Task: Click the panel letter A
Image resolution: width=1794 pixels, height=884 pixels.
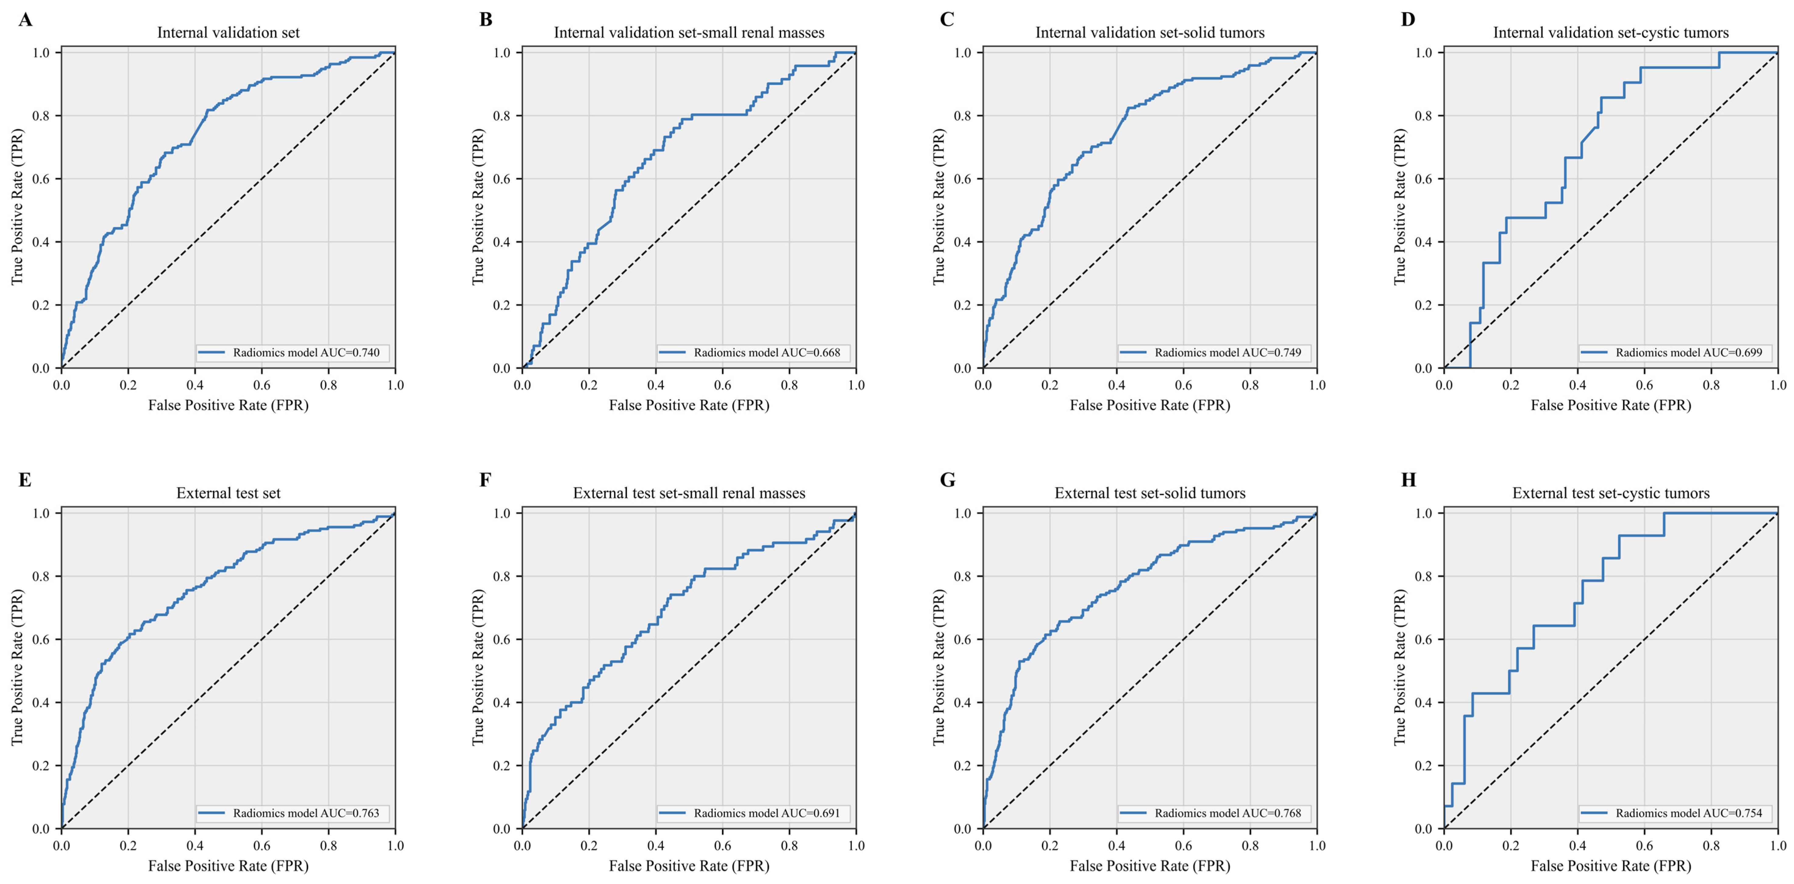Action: (25, 19)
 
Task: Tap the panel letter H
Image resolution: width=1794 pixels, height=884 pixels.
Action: (1408, 480)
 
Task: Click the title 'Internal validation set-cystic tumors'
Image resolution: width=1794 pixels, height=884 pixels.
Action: (1611, 33)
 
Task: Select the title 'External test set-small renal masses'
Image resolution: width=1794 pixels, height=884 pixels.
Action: (689, 493)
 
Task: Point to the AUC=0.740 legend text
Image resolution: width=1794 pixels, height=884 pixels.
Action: (307, 353)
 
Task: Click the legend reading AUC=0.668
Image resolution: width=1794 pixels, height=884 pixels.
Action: (767, 353)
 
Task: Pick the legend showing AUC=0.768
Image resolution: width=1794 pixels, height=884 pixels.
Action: (1228, 813)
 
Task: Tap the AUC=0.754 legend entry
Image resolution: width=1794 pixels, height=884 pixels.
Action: (1689, 813)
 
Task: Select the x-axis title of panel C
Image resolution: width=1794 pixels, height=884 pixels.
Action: (1150, 405)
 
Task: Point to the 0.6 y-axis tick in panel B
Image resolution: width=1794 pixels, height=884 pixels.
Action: (502, 179)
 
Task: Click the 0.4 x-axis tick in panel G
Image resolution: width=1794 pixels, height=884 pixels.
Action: (1116, 846)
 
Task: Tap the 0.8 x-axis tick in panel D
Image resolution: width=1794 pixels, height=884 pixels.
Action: (1711, 385)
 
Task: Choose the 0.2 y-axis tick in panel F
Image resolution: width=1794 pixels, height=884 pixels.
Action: (502, 766)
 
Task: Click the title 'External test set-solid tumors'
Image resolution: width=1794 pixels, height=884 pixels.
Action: (1150, 493)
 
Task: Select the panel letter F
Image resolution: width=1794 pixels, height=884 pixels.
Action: (485, 480)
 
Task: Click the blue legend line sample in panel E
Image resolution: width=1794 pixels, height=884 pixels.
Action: (212, 813)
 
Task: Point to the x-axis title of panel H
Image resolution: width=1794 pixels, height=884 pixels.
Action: (1611, 866)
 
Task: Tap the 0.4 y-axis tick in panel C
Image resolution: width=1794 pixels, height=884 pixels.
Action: (963, 242)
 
